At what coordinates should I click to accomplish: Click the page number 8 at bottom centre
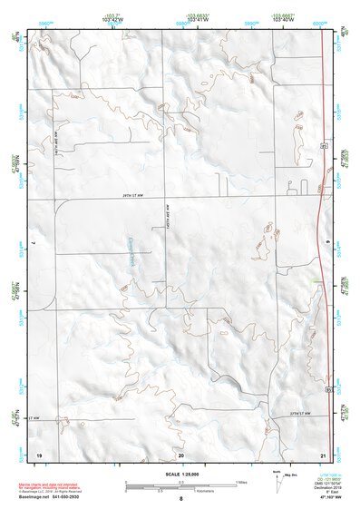click(181, 498)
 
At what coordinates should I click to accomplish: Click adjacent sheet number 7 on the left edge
click(33, 244)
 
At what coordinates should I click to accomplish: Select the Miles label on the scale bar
click(240, 481)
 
